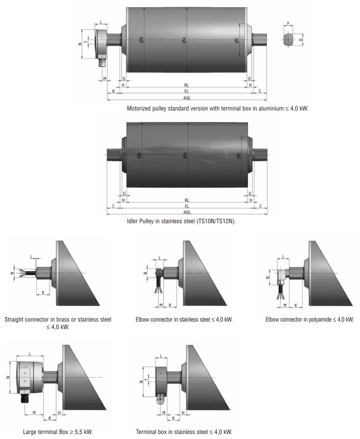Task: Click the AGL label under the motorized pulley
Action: pyautogui.click(x=187, y=98)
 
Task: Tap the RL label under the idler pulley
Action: pyautogui.click(x=187, y=200)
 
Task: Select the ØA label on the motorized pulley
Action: pyautogui.click(x=184, y=40)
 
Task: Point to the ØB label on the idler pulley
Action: pyautogui.click(x=139, y=155)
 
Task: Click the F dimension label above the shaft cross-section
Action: pyautogui.click(x=288, y=23)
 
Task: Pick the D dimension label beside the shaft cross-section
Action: pyautogui.click(x=301, y=40)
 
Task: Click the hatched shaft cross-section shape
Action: pyautogui.click(x=288, y=40)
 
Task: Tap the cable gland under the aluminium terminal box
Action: pyautogui.click(x=102, y=62)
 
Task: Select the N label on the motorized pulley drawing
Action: pyautogui.click(x=80, y=44)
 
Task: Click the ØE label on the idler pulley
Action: pyautogui.click(x=239, y=156)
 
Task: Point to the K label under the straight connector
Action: pyautogui.click(x=43, y=292)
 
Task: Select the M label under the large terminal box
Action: pyautogui.click(x=34, y=413)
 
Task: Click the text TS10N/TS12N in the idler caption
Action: pyautogui.click(x=216, y=221)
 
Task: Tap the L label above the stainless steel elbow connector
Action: pyautogui.click(x=160, y=258)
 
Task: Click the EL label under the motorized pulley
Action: pyautogui.click(x=187, y=91)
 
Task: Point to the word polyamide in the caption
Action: pyautogui.click(x=320, y=319)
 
